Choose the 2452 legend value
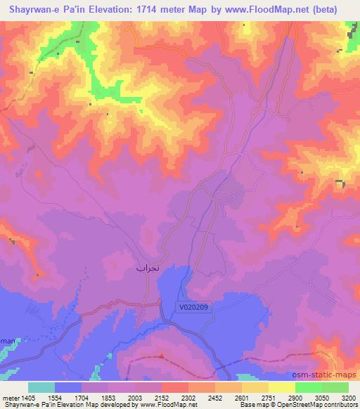click(216, 397)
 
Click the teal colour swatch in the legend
click(41, 387)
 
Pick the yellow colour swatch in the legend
click(282, 387)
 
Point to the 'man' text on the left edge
click(7, 340)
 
